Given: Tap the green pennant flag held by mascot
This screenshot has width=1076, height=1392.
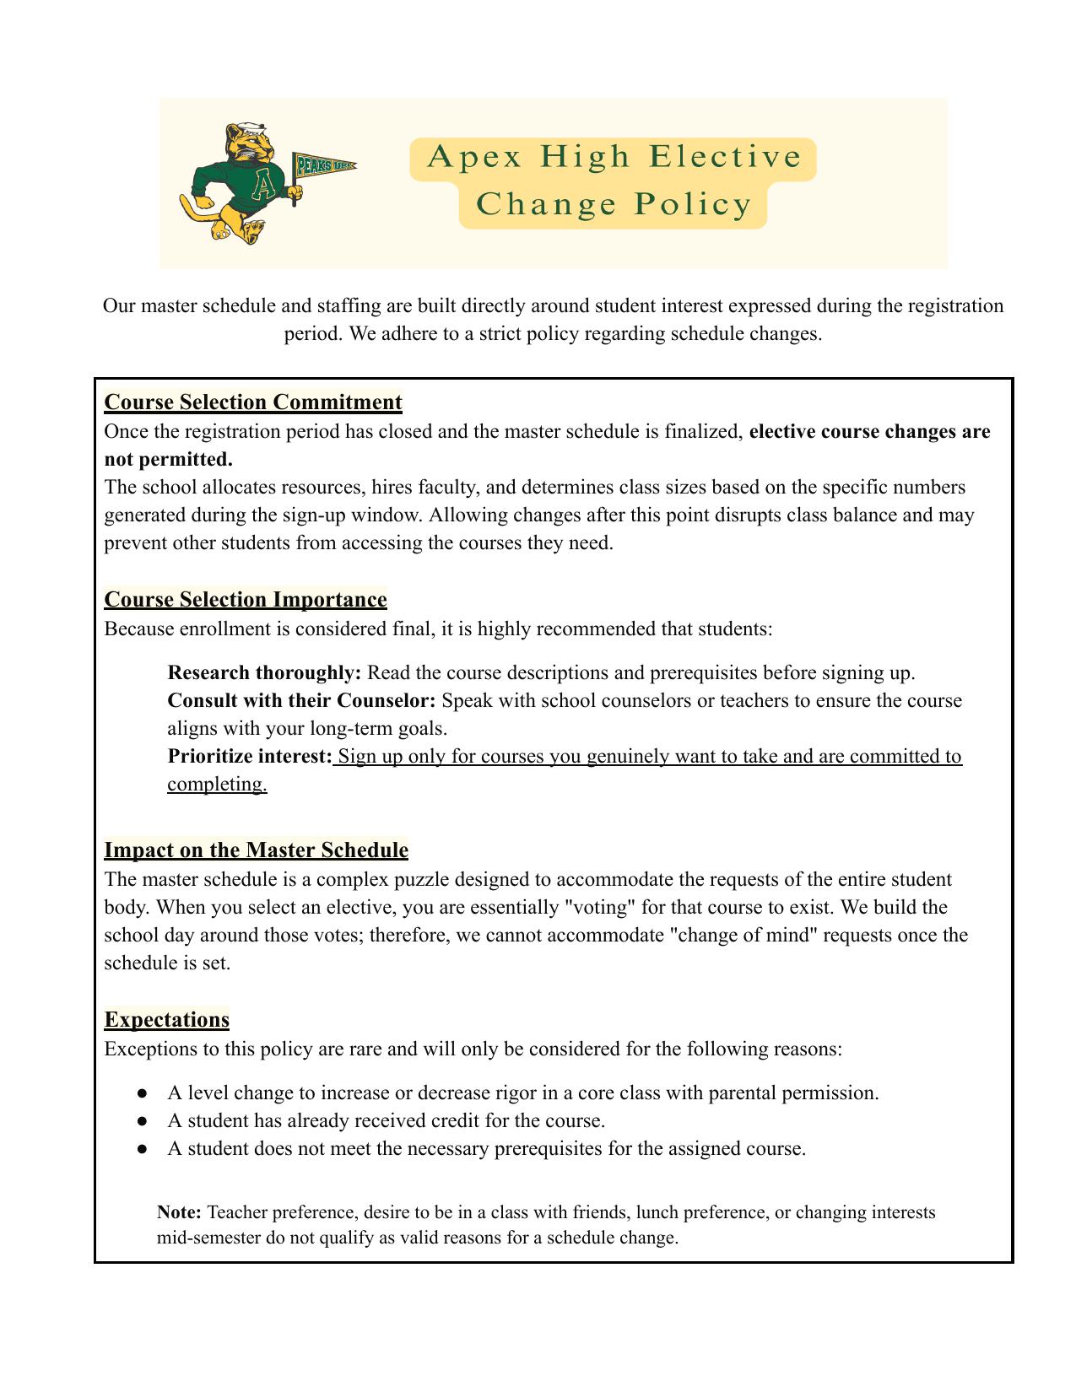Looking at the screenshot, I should pos(322,166).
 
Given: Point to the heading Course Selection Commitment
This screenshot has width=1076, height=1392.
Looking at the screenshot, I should pos(253,402).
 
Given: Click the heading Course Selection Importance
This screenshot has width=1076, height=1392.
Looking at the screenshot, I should pos(246,600).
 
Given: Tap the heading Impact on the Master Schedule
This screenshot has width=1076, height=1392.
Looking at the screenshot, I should pos(256,850).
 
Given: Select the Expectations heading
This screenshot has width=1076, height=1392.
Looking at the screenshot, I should pos(167,1020).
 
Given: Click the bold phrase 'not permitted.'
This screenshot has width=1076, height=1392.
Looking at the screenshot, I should pos(168,460).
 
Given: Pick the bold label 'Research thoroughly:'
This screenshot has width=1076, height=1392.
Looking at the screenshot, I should pos(264,673).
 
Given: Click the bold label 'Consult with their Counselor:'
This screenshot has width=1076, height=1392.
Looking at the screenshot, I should pos(301,701).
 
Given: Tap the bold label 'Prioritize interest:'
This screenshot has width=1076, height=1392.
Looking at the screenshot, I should pos(250,757).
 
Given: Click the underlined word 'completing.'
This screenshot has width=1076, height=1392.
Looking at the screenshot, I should pos(217,785).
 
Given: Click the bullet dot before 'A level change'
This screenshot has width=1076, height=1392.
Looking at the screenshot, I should pos(143,1093).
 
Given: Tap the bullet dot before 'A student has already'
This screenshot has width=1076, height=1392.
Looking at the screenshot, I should pos(143,1121).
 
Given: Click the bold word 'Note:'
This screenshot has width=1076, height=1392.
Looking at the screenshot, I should pos(179,1213).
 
